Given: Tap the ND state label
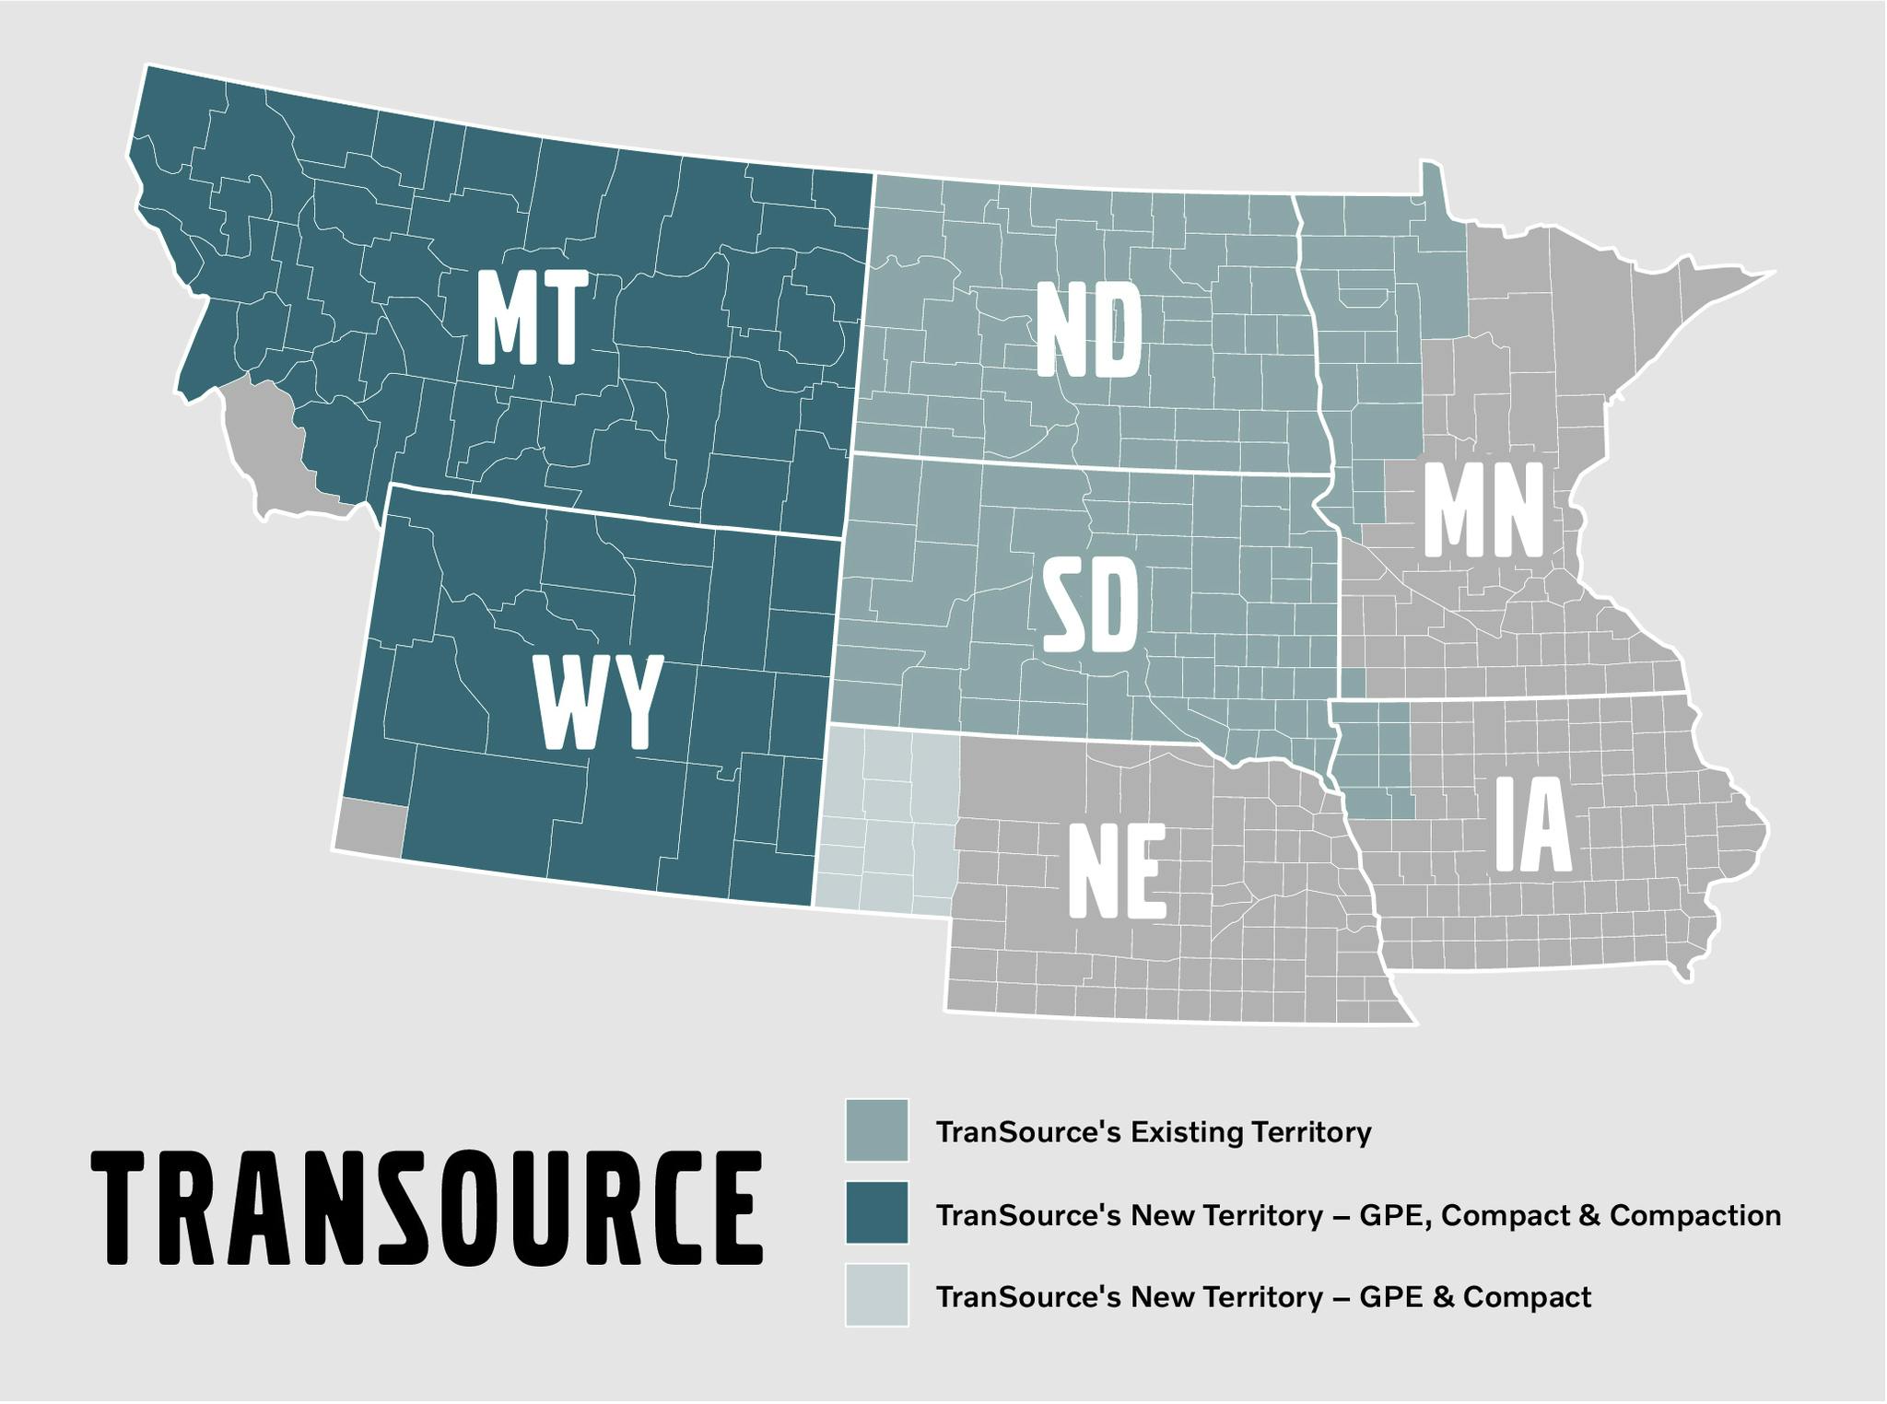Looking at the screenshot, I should pos(1089,330).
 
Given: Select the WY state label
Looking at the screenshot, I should pos(599,702).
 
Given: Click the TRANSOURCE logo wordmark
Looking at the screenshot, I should pos(428,1208).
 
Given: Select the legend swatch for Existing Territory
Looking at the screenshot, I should pos(876,1130).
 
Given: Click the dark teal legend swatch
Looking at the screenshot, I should pos(876,1213).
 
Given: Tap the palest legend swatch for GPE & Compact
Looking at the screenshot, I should pos(876,1295).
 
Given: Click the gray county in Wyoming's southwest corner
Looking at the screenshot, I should pos(370,825).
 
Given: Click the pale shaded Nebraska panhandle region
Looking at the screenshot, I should pos(885,820).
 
